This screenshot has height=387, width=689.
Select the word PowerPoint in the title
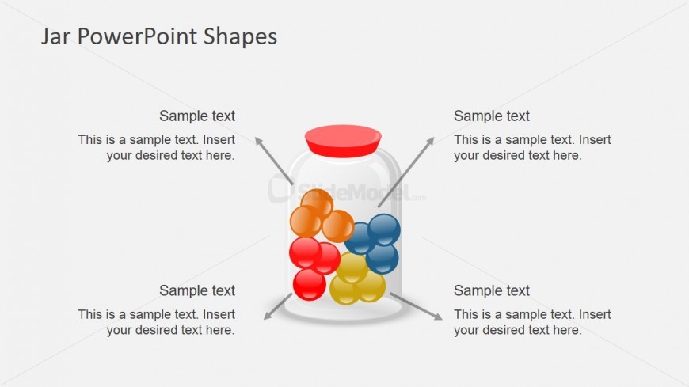pyautogui.click(x=137, y=36)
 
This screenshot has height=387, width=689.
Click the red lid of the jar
pyautogui.click(x=343, y=141)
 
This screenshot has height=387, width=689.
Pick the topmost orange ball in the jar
pyautogui.click(x=318, y=203)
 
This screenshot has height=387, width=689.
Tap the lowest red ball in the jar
pyautogui.click(x=310, y=285)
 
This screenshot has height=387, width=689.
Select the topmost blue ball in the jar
pyautogui.click(x=384, y=230)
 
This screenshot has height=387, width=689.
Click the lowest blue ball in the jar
pyautogui.click(x=383, y=259)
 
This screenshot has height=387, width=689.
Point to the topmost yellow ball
pyautogui.click(x=352, y=267)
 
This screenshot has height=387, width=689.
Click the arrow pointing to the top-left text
pyautogui.click(x=274, y=161)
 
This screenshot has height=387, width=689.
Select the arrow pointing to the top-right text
pyautogui.click(x=405, y=173)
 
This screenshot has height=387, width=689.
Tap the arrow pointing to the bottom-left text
pyautogui.click(x=278, y=306)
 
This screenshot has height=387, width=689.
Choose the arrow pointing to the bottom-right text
pyautogui.click(x=416, y=306)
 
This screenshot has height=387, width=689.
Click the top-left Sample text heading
pyautogui.click(x=197, y=116)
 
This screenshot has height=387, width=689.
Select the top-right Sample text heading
pyautogui.click(x=492, y=116)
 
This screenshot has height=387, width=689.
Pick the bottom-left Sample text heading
pyautogui.click(x=197, y=290)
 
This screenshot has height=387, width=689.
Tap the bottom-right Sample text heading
pyautogui.click(x=492, y=290)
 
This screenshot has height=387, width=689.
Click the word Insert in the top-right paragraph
pyautogui.click(x=595, y=140)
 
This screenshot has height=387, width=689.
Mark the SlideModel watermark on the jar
pyautogui.click(x=347, y=190)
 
